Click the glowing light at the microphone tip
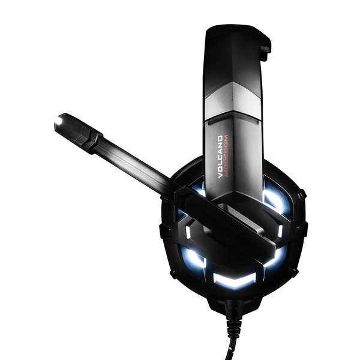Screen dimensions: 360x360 tap(58, 122)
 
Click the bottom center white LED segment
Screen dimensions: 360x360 tap(234, 280)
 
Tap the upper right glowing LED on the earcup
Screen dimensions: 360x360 tap(275, 198)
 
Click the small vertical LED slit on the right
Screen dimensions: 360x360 tap(280, 231)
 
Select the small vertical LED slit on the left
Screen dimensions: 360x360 tap(188, 232)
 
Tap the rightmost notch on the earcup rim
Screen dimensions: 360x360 tap(304, 228)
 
